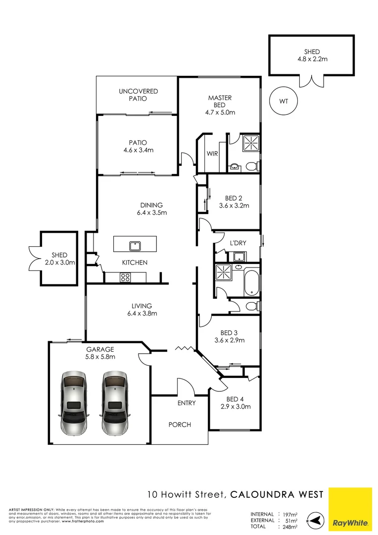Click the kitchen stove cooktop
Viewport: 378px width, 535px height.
coord(125,277)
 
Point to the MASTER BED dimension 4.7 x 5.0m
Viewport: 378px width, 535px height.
coord(220,112)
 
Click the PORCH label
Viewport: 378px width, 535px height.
coord(180,425)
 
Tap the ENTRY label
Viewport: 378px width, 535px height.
coord(187,403)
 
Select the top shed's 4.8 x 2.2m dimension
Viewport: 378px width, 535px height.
coord(312,59)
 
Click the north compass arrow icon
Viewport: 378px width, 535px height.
coord(313,520)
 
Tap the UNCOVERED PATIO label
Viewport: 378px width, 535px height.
coord(138,95)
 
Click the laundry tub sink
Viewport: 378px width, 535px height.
coord(239,256)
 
